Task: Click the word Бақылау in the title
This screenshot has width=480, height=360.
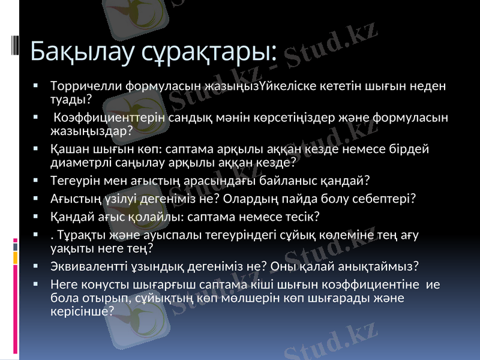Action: click(x=72, y=51)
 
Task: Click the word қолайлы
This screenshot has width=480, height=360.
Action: click(x=136, y=215)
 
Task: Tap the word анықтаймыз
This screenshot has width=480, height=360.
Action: click(x=385, y=265)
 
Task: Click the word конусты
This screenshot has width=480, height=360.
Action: click(x=105, y=286)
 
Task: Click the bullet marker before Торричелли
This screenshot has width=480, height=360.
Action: click(x=37, y=86)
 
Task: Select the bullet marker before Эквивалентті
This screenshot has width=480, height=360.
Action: click(x=37, y=265)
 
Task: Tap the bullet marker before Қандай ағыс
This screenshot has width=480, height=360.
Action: click(x=37, y=215)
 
